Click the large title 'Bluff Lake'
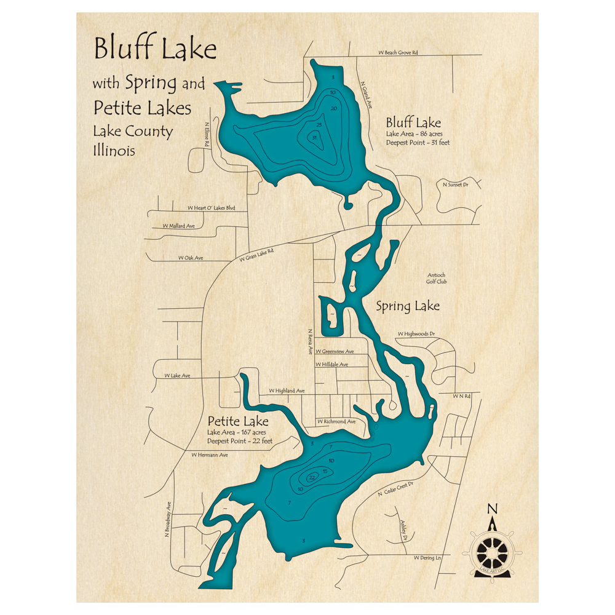[155, 49]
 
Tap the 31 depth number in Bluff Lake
[314, 138]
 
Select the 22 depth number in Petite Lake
[312, 477]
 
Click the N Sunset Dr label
[456, 183]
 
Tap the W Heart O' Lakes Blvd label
[212, 208]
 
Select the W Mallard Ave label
[178, 226]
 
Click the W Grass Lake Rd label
[252, 253]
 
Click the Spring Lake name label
[408, 305]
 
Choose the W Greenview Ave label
[335, 351]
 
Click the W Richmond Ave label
[336, 421]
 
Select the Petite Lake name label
[237, 422]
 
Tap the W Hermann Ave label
[209, 455]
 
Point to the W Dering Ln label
[427, 558]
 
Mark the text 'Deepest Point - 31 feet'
[418, 143]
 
